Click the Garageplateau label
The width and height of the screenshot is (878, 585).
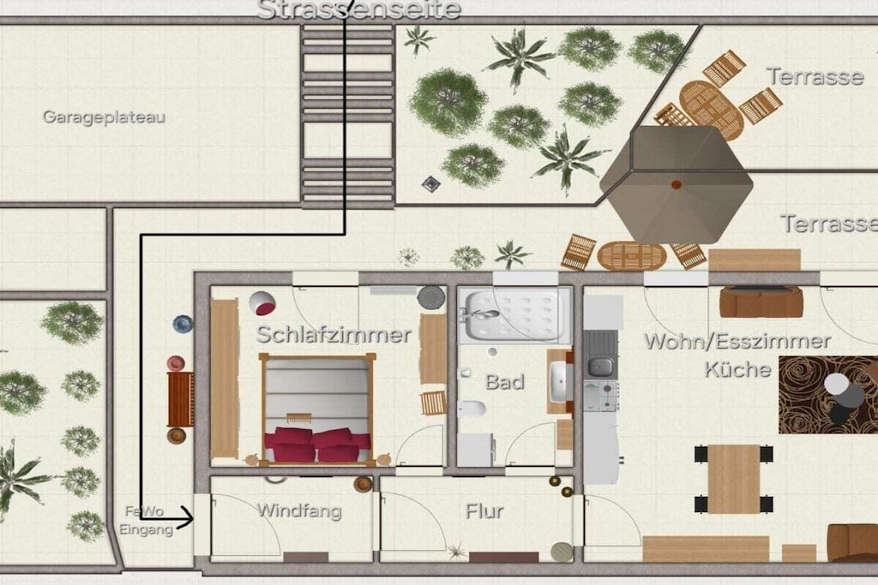(104, 117)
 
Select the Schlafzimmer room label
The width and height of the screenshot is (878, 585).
(334, 334)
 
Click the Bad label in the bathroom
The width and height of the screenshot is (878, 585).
(504, 382)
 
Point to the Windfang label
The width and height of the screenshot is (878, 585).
(299, 510)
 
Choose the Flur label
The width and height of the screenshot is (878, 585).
(484, 511)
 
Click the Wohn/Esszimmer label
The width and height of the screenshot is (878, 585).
(737, 341)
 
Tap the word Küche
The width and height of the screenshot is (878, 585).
(737, 369)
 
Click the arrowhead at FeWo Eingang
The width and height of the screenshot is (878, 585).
(188, 518)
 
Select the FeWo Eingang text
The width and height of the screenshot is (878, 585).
(145, 520)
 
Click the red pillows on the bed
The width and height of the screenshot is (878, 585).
(317, 445)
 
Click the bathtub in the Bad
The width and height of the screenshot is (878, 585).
(514, 315)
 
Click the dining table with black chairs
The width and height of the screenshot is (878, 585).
(734, 479)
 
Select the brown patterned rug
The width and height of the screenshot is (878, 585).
(828, 395)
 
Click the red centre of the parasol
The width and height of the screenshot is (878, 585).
(677, 184)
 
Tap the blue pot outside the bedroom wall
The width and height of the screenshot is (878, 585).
(183, 324)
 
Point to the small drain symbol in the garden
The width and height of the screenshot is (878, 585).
(430, 183)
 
